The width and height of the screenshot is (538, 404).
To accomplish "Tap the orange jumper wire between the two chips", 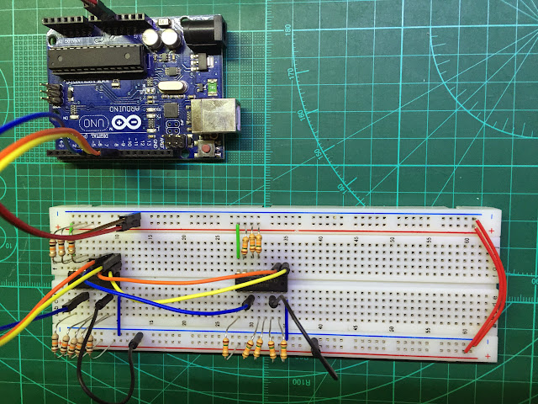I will (x=185, y=276).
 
